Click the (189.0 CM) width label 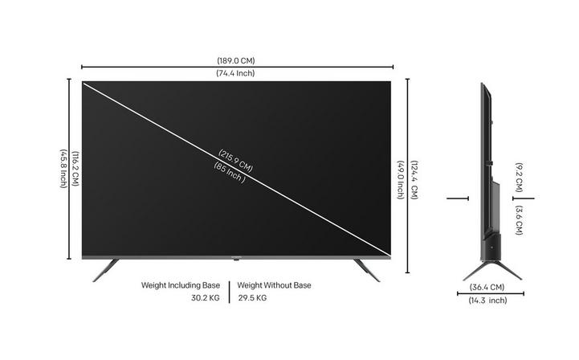pos(236,60)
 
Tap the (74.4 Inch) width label pos(235,73)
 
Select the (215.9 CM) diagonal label pos(235,161)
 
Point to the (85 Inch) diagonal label pos(230,173)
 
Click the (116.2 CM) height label pos(75,169)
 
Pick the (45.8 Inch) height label pos(63,169)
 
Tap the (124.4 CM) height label pos(414,180)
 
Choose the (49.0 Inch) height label pos(401,180)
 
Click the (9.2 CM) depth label pos(520,178)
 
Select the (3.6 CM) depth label pos(520,220)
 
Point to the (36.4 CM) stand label pos(487,287)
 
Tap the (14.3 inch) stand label pos(487,300)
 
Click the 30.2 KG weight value pos(206,298)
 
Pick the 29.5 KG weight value pos(252,298)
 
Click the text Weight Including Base pos(181,285)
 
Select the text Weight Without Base pos(274,285)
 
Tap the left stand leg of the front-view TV pos(105,270)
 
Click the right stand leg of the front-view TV pos(367,270)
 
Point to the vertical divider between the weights pos(229,292)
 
